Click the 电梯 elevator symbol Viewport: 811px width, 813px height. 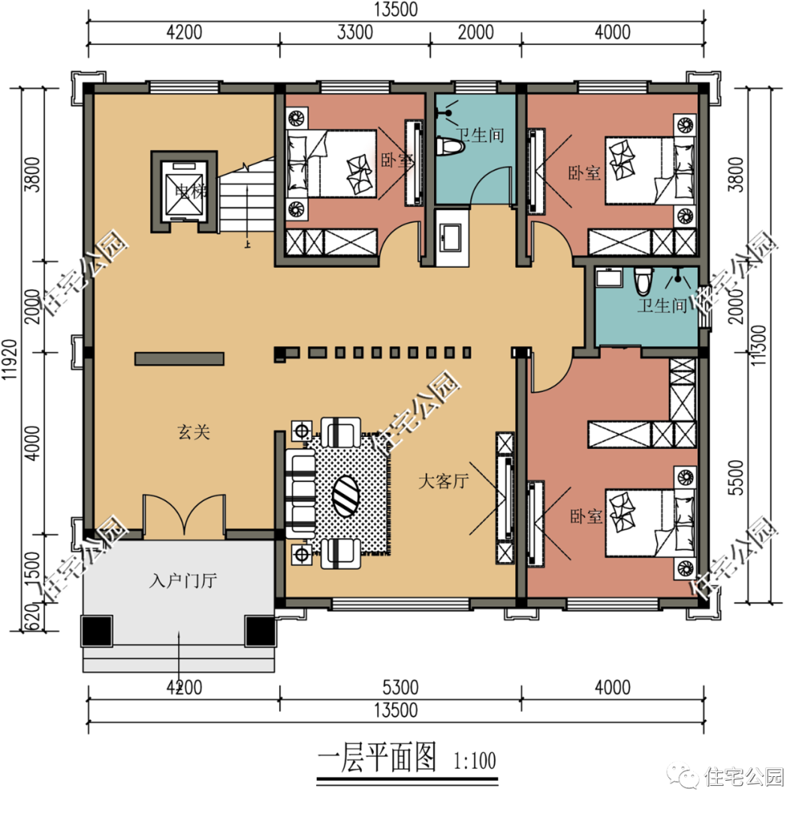[183, 192]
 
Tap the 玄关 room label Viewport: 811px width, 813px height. [194, 432]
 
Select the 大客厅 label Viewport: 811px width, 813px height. [443, 481]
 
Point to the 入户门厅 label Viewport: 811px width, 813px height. [183, 580]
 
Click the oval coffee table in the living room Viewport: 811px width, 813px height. [345, 495]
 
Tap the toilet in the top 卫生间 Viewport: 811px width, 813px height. [450, 146]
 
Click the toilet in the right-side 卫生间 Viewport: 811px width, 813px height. [643, 281]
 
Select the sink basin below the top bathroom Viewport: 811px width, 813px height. [450, 237]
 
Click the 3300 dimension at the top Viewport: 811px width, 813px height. [354, 32]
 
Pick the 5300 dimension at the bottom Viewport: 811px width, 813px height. [399, 688]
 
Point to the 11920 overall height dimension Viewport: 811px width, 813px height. [10, 360]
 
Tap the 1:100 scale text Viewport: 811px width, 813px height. [475, 760]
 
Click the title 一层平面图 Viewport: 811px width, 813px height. [376, 757]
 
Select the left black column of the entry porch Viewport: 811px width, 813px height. [96, 631]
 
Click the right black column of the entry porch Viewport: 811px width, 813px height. [260, 631]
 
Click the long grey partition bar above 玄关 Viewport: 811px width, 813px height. [179, 359]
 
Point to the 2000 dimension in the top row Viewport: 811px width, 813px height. [475, 32]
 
